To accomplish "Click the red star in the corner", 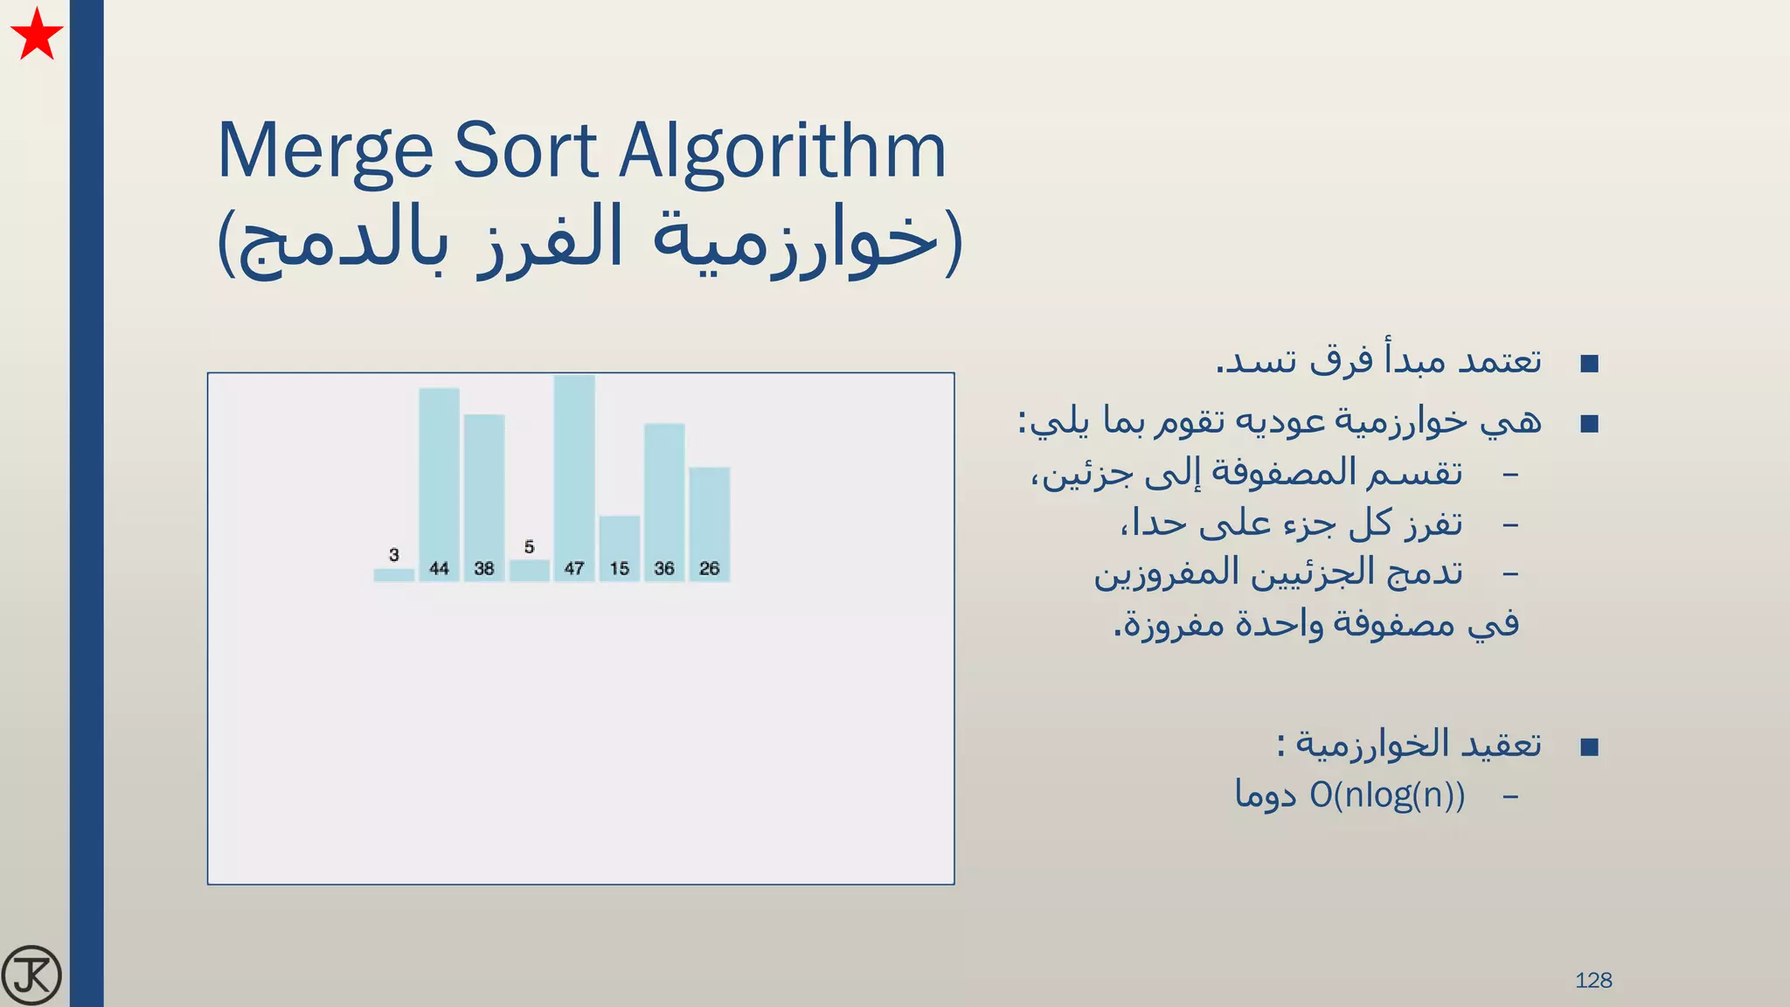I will pyautogui.click(x=37, y=36).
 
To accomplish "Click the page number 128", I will pyautogui.click(x=1593, y=980).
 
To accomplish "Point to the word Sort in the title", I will pyautogui.click(x=526, y=151).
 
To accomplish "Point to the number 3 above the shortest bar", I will pyautogui.click(x=394, y=555).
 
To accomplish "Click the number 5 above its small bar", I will pyautogui.click(x=529, y=547).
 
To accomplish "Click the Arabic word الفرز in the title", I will pyautogui.click(x=551, y=239).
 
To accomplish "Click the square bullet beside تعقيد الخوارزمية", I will pyautogui.click(x=1590, y=747).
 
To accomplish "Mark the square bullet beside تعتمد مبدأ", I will pyautogui.click(x=1590, y=364).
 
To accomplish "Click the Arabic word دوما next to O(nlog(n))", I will pyautogui.click(x=1265, y=795).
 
